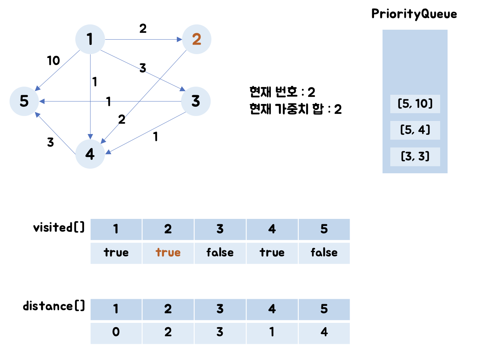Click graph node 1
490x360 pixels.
tap(90, 39)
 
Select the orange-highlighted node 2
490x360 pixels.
tap(197, 39)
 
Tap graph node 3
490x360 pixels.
tap(196, 101)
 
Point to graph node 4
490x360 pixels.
tap(90, 154)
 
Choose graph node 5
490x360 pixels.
tap(24, 101)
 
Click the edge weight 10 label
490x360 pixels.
tap(53, 61)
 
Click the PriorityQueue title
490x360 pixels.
tap(414, 14)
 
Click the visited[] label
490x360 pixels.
tap(59, 227)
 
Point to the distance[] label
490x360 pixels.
tap(54, 306)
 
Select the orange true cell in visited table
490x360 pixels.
tap(168, 253)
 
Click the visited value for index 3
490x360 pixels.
tap(220, 253)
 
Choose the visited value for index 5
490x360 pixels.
tap(324, 253)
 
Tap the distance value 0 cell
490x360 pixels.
tap(116, 332)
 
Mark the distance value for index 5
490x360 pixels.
tap(324, 332)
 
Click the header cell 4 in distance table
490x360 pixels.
tap(272, 309)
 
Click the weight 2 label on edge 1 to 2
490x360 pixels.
tap(143, 29)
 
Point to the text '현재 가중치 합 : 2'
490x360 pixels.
tap(295, 109)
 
